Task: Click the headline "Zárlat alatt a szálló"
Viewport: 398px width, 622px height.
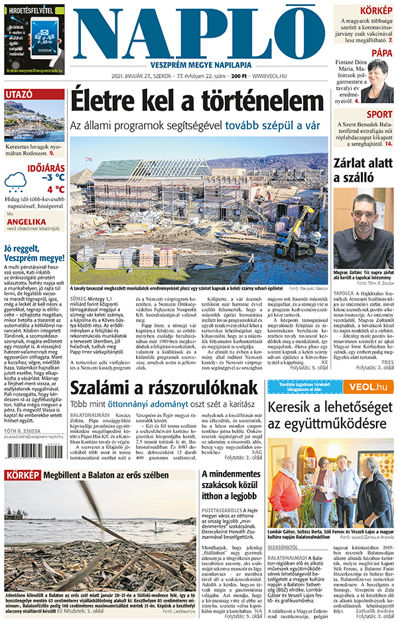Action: [x=359, y=170]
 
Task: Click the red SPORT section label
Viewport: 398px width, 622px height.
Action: [x=379, y=114]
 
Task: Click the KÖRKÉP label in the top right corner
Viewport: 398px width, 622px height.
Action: [x=375, y=11]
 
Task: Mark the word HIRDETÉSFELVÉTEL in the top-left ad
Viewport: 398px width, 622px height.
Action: [x=33, y=9]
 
